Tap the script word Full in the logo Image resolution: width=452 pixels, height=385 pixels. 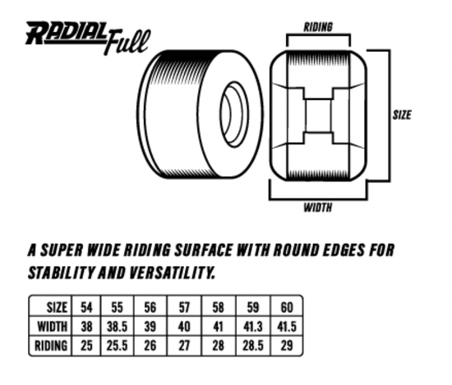127,42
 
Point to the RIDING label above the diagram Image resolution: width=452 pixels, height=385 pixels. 318,26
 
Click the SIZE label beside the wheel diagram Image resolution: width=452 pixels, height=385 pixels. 401,115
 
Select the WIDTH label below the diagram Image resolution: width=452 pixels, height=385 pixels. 318,208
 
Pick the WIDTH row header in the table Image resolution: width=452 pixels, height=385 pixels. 52,326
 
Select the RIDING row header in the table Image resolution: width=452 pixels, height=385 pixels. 51,346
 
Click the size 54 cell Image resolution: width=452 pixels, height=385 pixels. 86,307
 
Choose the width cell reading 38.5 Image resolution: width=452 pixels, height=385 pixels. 117,326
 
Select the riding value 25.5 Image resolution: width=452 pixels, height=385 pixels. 117,346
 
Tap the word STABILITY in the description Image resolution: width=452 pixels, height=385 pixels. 58,271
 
